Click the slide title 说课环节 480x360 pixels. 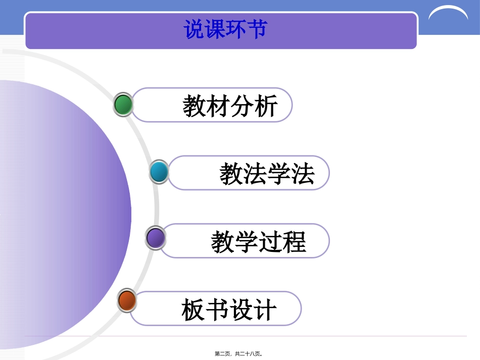click(225, 29)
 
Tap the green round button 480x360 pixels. click(123, 105)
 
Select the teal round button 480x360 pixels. click(159, 172)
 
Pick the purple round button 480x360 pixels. click(155, 238)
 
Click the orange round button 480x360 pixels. click(127, 301)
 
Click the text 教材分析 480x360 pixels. click(230, 107)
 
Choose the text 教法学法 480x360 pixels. click(267, 174)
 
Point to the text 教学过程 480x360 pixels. click(258, 242)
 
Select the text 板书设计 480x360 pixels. click(229, 310)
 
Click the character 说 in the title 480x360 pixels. click(194, 29)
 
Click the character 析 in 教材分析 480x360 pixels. click(266, 107)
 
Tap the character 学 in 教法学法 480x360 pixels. click(279, 174)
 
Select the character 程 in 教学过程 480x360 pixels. click(294, 242)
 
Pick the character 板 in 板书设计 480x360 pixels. click(194, 310)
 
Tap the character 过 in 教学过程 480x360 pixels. click(270, 242)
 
